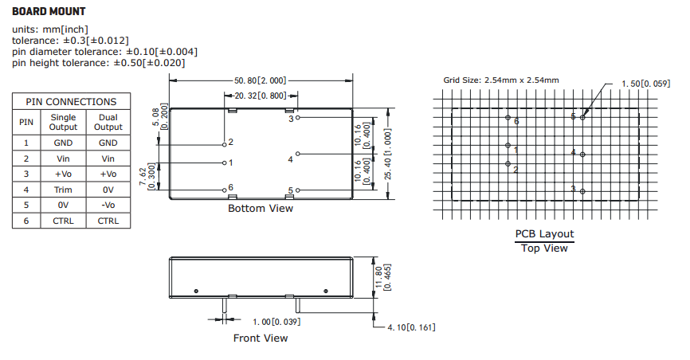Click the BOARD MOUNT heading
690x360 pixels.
49,13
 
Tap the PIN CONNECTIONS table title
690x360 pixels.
71,102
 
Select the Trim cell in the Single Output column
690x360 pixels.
64,190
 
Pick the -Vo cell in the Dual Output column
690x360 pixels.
108,205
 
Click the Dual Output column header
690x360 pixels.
108,122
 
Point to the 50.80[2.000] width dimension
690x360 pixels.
260,80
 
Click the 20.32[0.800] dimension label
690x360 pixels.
261,96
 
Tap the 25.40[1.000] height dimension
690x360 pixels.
387,153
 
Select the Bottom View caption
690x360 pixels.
261,209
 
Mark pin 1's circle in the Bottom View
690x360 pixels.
224,162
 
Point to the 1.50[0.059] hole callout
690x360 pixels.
645,83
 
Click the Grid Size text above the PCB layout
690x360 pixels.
500,80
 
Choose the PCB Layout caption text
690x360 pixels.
544,234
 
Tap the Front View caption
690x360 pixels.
261,338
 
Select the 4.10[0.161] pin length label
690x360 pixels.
411,327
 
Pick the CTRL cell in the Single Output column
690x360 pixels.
64,221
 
